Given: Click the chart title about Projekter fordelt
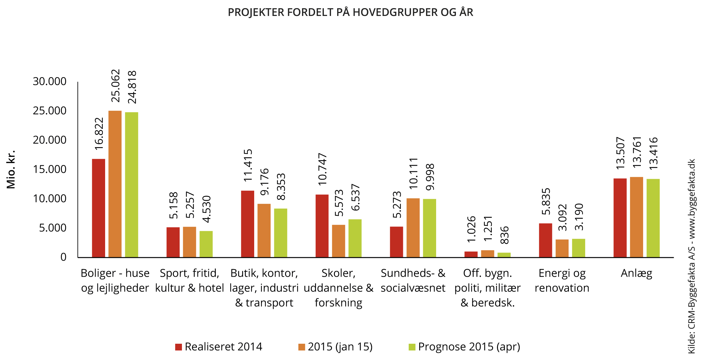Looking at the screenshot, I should click(x=350, y=12).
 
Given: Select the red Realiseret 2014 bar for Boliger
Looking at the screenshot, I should click(x=99, y=208).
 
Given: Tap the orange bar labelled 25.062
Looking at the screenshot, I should click(x=115, y=184).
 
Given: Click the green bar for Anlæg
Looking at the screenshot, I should click(x=653, y=218).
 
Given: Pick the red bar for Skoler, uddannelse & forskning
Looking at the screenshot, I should click(x=322, y=226).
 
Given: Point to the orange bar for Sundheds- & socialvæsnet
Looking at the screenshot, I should click(x=413, y=228).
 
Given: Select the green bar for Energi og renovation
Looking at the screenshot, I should click(x=578, y=248).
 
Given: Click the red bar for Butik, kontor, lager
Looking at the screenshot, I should click(x=247, y=224).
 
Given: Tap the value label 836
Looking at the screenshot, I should click(x=504, y=235).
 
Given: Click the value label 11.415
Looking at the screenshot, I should click(x=248, y=165).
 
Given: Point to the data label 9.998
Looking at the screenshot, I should click(x=430, y=177).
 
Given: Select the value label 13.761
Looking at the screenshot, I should click(x=637, y=152).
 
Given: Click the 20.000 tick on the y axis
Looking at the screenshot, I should click(x=49, y=140).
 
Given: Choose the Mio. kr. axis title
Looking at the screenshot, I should click(x=11, y=169).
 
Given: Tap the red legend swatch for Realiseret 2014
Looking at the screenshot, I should click(x=178, y=347).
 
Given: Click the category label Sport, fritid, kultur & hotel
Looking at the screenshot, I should click(x=189, y=280).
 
